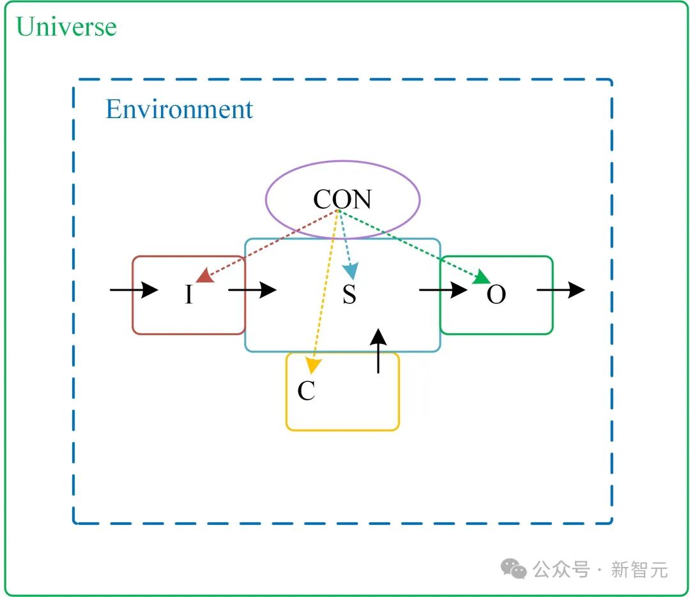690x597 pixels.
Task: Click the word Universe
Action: pyautogui.click(x=66, y=27)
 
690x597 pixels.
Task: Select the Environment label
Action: pyautogui.click(x=179, y=109)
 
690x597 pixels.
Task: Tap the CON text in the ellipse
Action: pyautogui.click(x=342, y=200)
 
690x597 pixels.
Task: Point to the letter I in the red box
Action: pyautogui.click(x=188, y=295)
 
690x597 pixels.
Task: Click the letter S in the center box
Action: pyautogui.click(x=349, y=295)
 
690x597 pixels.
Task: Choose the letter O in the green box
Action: pyautogui.click(x=496, y=295)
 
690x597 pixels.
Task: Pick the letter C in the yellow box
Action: pyautogui.click(x=306, y=391)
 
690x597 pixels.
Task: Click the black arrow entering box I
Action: pyautogui.click(x=134, y=290)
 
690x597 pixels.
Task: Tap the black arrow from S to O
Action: pyautogui.click(x=443, y=290)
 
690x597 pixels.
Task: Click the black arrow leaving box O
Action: pyautogui.click(x=560, y=290)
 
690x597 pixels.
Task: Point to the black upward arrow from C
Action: pyautogui.click(x=378, y=351)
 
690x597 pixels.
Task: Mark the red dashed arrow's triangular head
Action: pyautogui.click(x=204, y=276)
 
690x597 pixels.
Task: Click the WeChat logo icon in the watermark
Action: pyautogui.click(x=514, y=568)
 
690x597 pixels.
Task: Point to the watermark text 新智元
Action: pyautogui.click(x=639, y=569)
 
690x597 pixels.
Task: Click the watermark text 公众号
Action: pyautogui.click(x=561, y=569)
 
